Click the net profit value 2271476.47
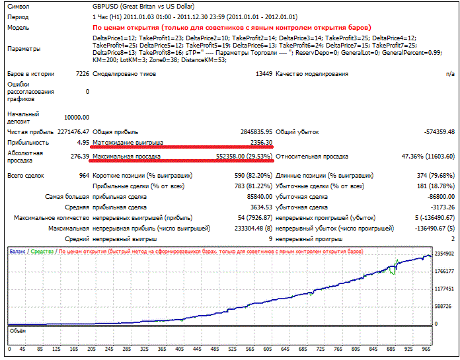[73, 132]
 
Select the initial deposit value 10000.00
[77, 118]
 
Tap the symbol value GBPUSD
[105, 7]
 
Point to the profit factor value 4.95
[83, 143]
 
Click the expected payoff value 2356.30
[261, 143]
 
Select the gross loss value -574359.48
[439, 132]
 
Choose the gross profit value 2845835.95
[256, 132]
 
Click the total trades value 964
[84, 176]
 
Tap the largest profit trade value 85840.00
[260, 197]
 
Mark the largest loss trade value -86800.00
[441, 197]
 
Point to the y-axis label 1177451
[444, 289]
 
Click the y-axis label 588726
[443, 306]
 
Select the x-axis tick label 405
[180, 349]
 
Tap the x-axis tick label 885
[391, 349]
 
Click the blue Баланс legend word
[17, 252]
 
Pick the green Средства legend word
[42, 252]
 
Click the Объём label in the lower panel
[18, 331]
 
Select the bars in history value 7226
[83, 74]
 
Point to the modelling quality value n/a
[450, 74]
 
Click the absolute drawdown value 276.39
[80, 157]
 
